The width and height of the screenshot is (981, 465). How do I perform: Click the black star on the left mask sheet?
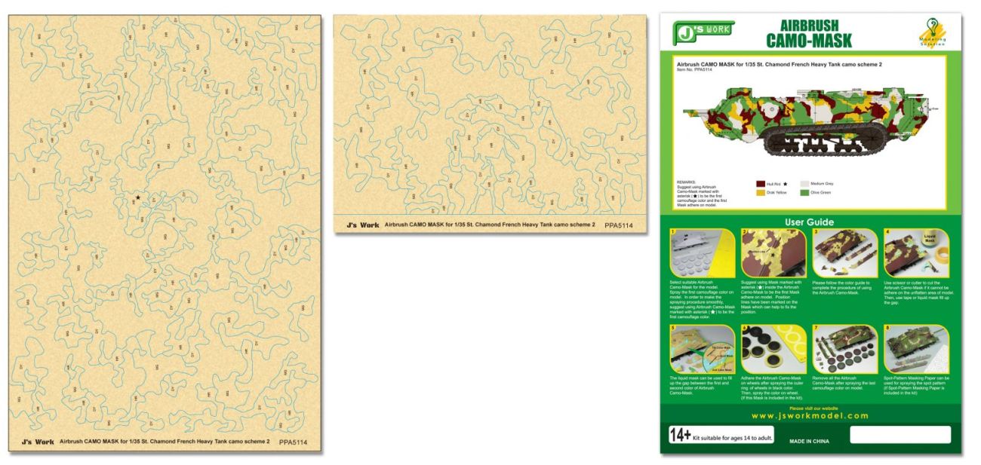[x=137, y=197]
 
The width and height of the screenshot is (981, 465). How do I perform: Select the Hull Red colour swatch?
[x=761, y=183]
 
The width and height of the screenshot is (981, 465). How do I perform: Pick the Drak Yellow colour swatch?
[x=761, y=193]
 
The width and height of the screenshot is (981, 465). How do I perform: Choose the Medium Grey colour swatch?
[x=804, y=183]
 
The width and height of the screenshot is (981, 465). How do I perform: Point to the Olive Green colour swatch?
[x=804, y=193]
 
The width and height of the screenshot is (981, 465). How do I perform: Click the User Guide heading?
[x=810, y=222]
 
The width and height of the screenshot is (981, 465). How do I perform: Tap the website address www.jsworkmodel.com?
[x=810, y=415]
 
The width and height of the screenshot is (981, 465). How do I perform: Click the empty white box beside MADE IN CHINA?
[x=900, y=435]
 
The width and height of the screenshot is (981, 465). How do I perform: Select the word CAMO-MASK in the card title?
[x=809, y=41]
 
